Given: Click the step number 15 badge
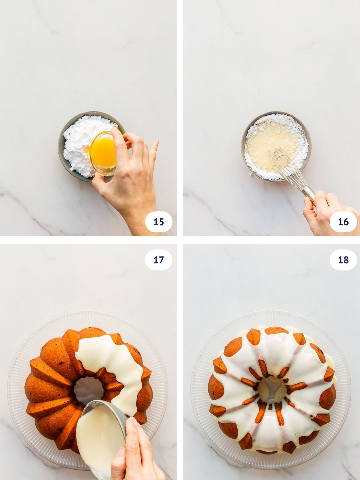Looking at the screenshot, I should (x=158, y=222).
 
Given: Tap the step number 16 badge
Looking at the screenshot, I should (x=343, y=222).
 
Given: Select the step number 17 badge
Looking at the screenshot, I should (x=158, y=260).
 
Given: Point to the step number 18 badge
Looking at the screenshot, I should (x=343, y=260).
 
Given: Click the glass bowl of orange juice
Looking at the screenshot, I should (x=103, y=153).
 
